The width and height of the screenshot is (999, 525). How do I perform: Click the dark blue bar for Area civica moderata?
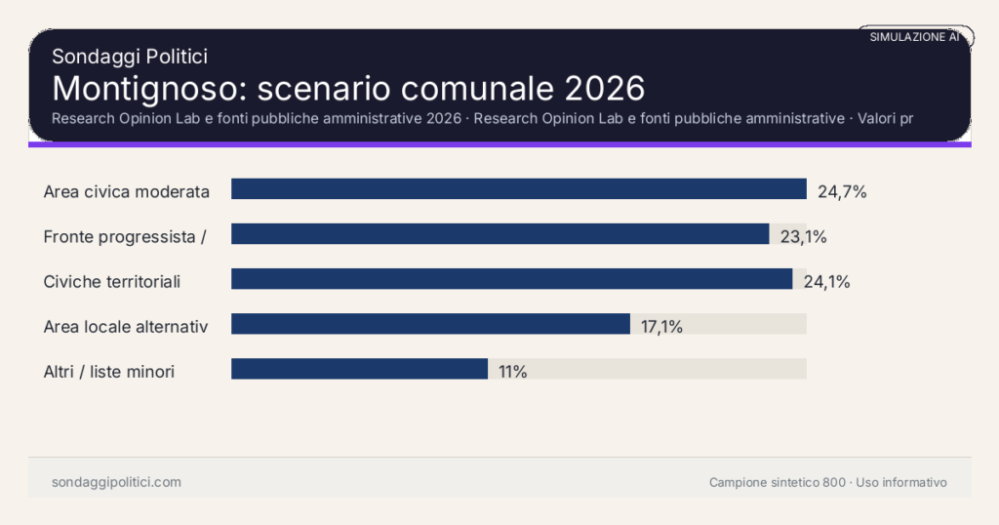click(518, 189)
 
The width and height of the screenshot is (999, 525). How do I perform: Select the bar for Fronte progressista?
click(499, 234)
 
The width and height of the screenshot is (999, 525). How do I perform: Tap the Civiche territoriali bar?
click(511, 279)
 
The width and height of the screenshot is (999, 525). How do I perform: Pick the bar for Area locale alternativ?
click(430, 324)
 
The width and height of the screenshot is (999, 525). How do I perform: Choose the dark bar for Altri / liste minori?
click(359, 369)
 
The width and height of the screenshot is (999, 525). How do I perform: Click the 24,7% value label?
click(842, 191)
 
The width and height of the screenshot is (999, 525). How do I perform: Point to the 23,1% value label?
click(803, 236)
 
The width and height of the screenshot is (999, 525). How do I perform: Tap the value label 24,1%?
click(826, 282)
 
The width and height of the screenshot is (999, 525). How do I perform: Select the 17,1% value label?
click(661, 327)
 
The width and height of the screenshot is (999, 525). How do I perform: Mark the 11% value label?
click(512, 372)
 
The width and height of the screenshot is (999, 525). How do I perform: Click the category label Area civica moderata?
click(127, 191)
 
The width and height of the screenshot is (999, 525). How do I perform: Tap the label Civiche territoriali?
click(112, 282)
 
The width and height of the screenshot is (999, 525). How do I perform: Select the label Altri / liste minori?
click(109, 372)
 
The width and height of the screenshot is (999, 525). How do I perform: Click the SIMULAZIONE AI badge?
click(914, 37)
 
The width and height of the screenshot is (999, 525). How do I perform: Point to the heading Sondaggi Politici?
click(130, 58)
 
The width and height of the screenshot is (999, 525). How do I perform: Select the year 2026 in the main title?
click(605, 88)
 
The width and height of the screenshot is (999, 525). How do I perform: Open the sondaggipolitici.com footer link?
click(116, 482)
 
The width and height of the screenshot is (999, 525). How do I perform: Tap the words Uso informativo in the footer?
click(901, 482)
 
